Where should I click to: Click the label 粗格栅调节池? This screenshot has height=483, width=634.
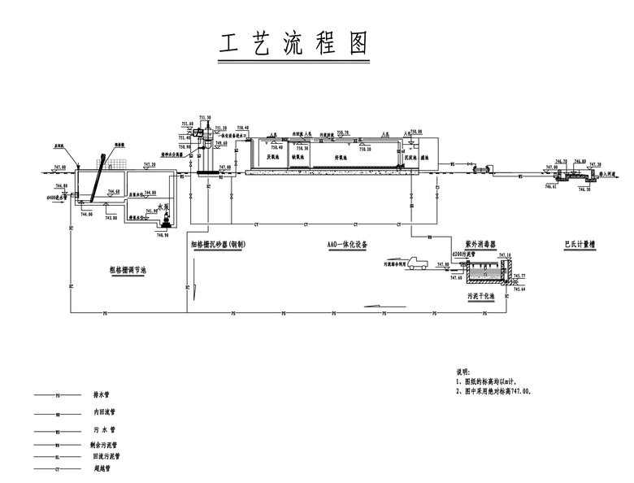128,270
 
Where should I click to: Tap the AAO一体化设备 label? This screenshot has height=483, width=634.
347,244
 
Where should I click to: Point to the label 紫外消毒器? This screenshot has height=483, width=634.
480,244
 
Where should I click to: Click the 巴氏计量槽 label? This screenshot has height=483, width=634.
580,244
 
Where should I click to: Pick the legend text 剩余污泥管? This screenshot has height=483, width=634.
105,445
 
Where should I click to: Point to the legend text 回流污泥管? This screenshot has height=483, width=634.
105,456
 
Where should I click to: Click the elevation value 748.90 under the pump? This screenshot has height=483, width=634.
162,235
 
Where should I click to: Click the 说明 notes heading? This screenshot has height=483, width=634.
462,372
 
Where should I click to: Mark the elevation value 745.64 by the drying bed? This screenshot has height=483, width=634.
520,289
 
